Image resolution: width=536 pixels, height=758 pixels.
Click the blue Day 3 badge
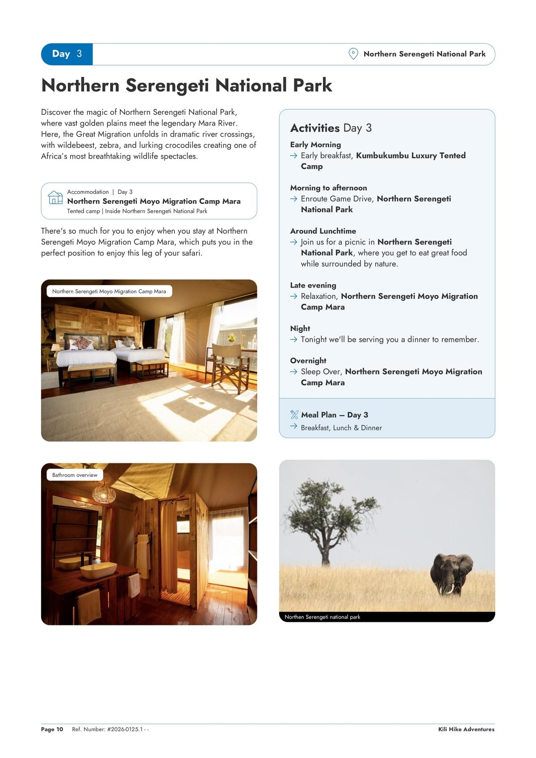pyautogui.click(x=67, y=54)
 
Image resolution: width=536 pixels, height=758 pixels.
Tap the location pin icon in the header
pyautogui.click(x=353, y=54)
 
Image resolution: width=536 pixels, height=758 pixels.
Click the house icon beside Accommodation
pyautogui.click(x=55, y=197)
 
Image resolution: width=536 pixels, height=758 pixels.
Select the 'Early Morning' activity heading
pyautogui.click(x=315, y=145)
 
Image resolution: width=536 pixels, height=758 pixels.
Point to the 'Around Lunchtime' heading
pyautogui.click(x=323, y=231)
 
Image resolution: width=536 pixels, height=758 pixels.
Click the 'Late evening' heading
pyautogui.click(x=313, y=285)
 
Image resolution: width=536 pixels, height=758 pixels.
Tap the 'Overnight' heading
pyautogui.click(x=308, y=360)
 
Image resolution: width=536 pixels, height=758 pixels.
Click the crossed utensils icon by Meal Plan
pyautogui.click(x=294, y=415)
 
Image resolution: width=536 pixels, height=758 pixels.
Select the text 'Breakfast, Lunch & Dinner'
pyautogui.click(x=341, y=427)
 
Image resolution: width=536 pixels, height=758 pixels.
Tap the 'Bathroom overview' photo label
pyautogui.click(x=75, y=475)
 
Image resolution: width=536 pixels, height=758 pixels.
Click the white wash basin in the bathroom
pyautogui.click(x=98, y=570)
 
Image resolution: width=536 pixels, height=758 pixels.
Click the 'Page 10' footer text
pyautogui.click(x=52, y=729)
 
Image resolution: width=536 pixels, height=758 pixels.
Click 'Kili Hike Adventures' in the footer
pyautogui.click(x=466, y=729)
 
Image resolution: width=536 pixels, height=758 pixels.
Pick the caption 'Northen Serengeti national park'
pyautogui.click(x=322, y=617)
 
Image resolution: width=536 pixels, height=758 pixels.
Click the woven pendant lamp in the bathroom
pyautogui.click(x=104, y=494)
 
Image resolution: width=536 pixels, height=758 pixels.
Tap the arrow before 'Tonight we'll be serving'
pyautogui.click(x=293, y=339)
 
